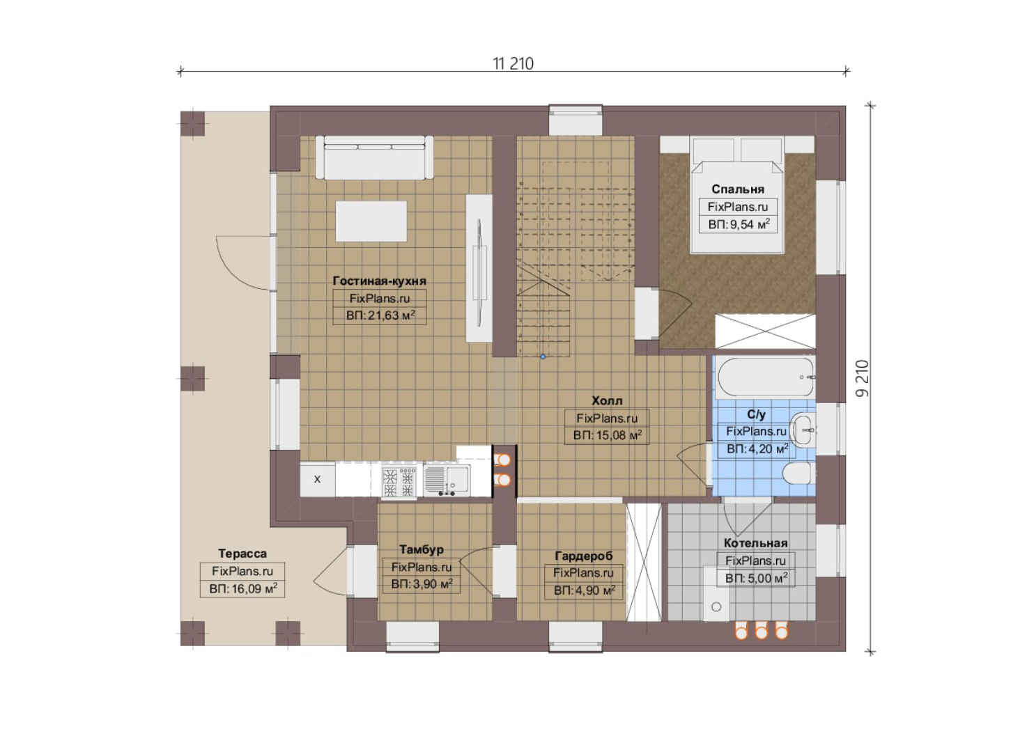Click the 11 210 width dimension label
pyautogui.click(x=513, y=63)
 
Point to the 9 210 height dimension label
pyautogui.click(x=862, y=378)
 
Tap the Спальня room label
pyautogui.click(x=738, y=189)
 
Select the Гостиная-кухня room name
pyautogui.click(x=379, y=281)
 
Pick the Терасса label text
pyautogui.click(x=242, y=553)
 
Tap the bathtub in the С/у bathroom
pyautogui.click(x=766, y=377)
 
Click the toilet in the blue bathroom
pyautogui.click(x=798, y=473)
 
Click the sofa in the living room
pyautogui.click(x=374, y=157)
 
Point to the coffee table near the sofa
pyautogui.click(x=371, y=221)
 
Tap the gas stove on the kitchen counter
pyautogui.click(x=399, y=482)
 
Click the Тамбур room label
pyautogui.click(x=422, y=549)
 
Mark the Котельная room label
pyautogui.click(x=755, y=543)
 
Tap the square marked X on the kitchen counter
pyautogui.click(x=317, y=479)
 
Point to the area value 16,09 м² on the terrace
pyautogui.click(x=243, y=589)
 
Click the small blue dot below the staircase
pyautogui.click(x=543, y=356)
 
